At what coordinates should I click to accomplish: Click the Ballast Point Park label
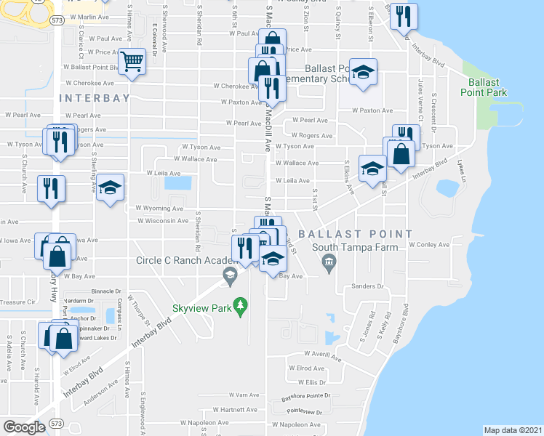tap(483, 87)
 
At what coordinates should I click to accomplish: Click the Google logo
tap(24, 427)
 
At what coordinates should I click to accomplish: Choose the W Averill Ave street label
tap(324, 356)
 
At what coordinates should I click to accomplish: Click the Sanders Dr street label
tap(367, 286)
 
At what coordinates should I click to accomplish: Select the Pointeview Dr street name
tap(304, 411)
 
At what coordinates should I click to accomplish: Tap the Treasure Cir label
tap(17, 302)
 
